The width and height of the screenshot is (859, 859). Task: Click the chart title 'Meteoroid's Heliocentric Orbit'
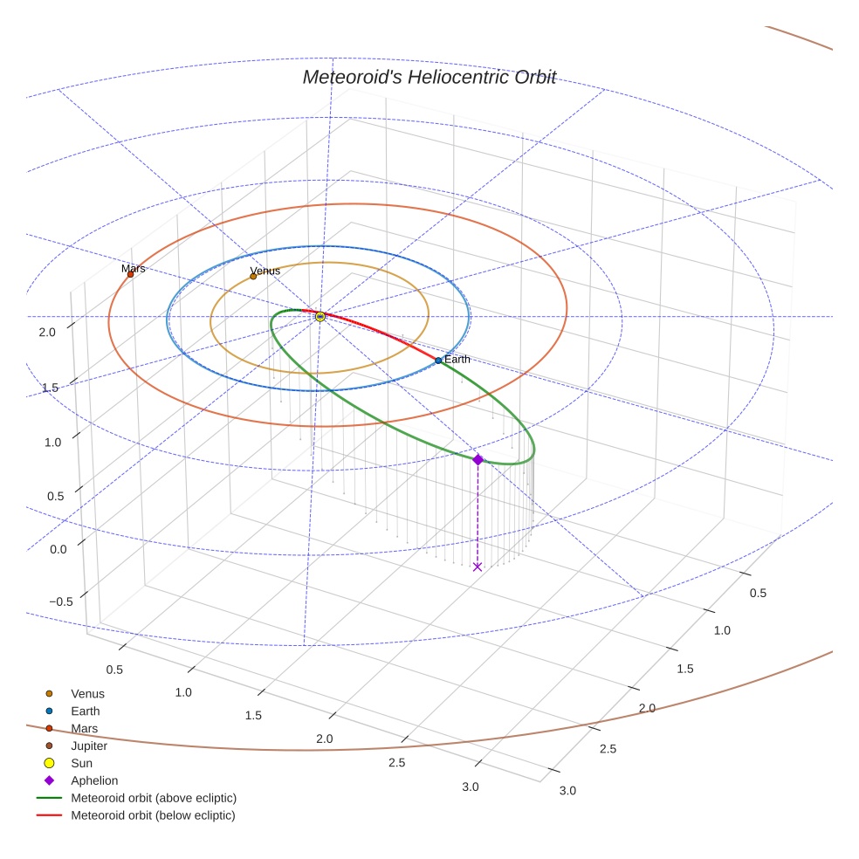pos(429,77)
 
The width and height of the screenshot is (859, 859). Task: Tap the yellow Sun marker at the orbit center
pos(320,316)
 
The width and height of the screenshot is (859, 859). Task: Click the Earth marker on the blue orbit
pos(438,361)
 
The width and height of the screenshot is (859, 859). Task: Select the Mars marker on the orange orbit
pos(131,274)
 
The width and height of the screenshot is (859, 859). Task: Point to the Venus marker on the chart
pos(253,277)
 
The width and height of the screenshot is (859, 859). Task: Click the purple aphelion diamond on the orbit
pos(478,459)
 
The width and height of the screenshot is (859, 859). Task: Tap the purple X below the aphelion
pos(477,567)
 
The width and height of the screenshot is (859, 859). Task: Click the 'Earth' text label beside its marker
pos(457,359)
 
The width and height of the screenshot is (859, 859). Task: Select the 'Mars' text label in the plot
pos(134,268)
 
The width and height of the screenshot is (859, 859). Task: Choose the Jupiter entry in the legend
pos(88,746)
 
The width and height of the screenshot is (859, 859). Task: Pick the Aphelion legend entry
pos(93,780)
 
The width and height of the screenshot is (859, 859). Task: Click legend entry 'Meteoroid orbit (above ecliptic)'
pos(153,798)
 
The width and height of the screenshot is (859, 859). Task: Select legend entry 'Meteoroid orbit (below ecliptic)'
pos(153,815)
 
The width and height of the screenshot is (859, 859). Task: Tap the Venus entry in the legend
pos(86,693)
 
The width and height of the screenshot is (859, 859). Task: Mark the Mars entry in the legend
pos(84,728)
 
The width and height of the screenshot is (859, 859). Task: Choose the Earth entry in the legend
pos(85,711)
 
